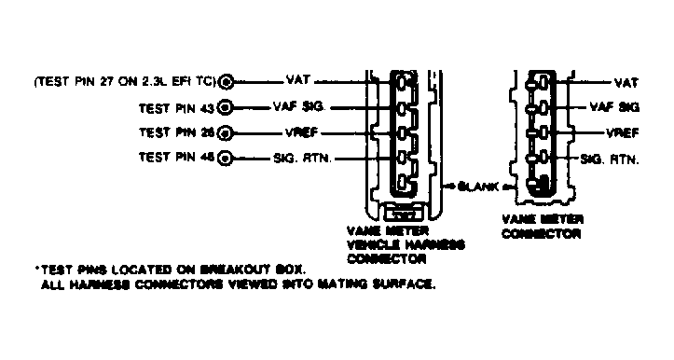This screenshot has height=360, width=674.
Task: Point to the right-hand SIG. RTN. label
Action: pos(610,159)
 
